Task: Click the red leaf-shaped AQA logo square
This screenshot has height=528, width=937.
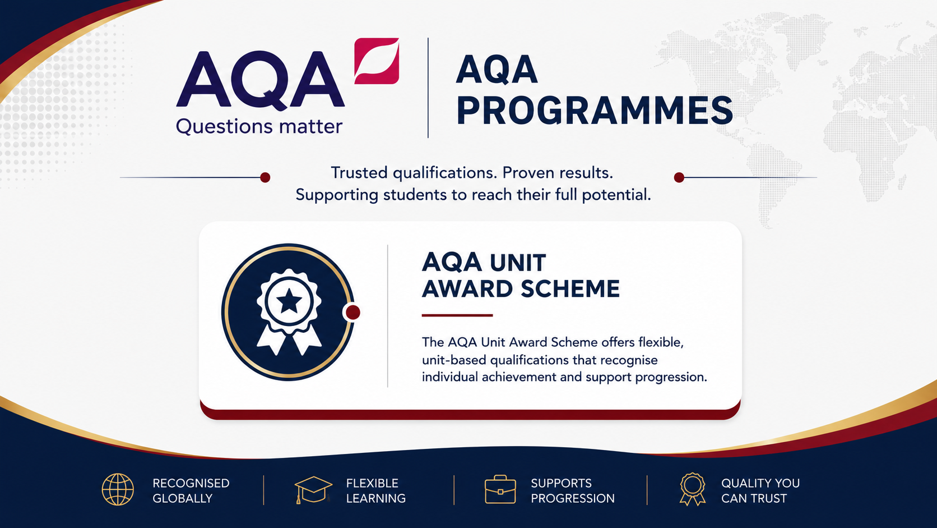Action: pos(377,61)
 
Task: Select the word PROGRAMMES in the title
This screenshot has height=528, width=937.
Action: pos(595,111)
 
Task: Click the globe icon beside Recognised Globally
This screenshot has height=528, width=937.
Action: pos(118,489)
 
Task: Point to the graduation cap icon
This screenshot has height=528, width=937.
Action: pos(313,490)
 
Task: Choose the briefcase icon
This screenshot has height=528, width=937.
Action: pos(500,489)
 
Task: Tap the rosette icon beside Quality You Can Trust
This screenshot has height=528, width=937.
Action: pos(692,489)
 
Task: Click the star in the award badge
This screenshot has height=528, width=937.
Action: pos(289,301)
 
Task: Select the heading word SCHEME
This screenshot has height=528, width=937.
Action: pos(570,289)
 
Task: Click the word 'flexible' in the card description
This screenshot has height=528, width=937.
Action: pos(661,342)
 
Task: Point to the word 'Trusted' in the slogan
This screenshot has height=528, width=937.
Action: pos(359,172)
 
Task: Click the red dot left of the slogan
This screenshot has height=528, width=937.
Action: pos(265,177)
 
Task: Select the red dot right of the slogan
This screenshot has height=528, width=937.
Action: pos(679,177)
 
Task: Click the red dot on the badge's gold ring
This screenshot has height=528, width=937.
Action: pos(352,313)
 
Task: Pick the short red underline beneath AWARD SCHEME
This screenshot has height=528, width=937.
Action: pos(457,315)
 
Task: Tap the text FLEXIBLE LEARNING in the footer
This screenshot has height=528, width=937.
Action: pos(375,491)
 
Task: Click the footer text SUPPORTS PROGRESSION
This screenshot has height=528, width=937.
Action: pos(573,491)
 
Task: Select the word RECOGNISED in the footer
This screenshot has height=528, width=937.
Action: pos(191,483)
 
